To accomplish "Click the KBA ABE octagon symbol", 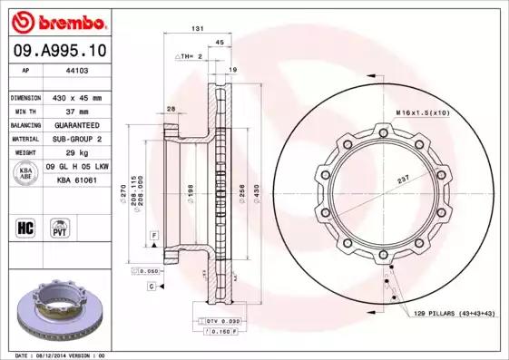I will pyautogui.click(x=26, y=173).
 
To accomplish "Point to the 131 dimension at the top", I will pyautogui.click(x=196, y=30).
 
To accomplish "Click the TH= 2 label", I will pyautogui.click(x=188, y=56).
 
